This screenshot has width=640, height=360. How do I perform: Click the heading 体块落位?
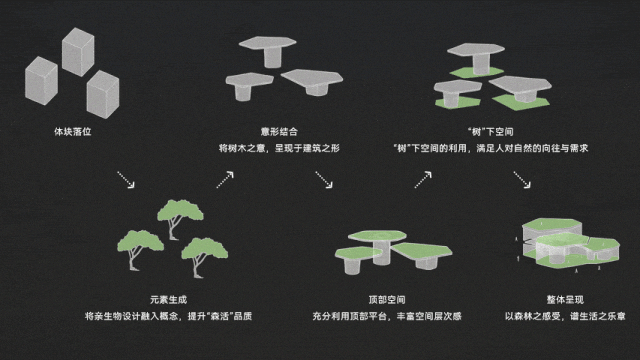point(73,131)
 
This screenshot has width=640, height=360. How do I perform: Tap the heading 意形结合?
point(279,131)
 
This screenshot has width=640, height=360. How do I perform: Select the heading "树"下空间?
point(491,131)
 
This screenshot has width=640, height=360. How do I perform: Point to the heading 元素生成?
point(168,300)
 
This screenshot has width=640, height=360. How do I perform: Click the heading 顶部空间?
point(387,300)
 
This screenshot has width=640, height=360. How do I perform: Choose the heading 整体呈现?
point(565,300)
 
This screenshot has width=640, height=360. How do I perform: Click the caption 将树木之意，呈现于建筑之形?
point(279,148)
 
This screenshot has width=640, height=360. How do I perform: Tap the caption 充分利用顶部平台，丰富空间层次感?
point(387,316)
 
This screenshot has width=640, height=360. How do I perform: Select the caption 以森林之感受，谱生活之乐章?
point(565,316)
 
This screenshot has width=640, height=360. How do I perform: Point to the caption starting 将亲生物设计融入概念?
point(168,316)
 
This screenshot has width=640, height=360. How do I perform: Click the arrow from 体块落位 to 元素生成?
point(126,180)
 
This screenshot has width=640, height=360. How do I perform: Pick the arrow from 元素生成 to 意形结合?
point(225,180)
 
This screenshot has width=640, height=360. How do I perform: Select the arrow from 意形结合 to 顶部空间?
point(324,180)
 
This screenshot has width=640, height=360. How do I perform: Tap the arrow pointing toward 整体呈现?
point(522,180)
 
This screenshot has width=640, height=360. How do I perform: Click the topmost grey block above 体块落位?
point(78,52)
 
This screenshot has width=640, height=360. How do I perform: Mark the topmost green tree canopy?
point(180,210)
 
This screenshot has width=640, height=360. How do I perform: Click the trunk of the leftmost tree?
point(133,258)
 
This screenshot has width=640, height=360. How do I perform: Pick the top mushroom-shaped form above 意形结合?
point(267,51)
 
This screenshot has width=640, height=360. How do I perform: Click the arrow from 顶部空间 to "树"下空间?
point(423,180)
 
